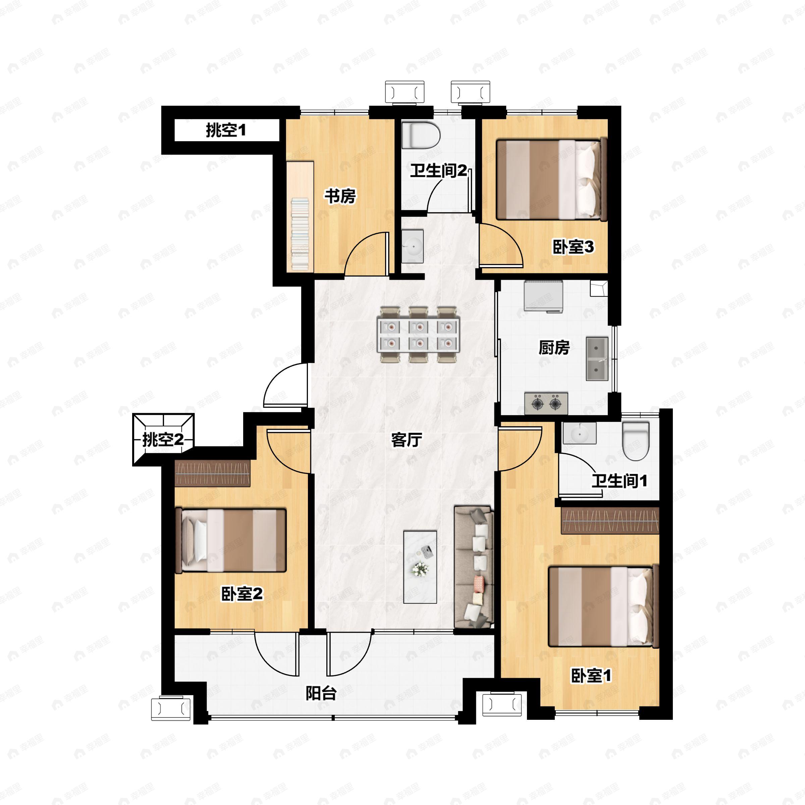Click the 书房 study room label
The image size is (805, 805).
coord(340,196)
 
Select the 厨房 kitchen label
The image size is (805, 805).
coord(554,347)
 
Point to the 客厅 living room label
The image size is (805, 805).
coord(406,440)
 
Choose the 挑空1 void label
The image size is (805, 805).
coord(226,130)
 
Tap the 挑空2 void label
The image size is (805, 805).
coord(163,439)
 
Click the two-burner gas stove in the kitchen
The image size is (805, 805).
coord(546,403)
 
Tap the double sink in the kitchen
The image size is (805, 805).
coord(597,359)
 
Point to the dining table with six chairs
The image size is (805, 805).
coord(418,335)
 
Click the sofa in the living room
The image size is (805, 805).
coord(474,567)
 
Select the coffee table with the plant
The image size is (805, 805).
coord(420,567)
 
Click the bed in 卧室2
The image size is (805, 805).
coord(231,540)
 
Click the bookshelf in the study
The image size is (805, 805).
coord(300,217)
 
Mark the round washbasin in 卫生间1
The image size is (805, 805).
coord(579,433)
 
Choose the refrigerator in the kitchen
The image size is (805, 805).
coord(543,296)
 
